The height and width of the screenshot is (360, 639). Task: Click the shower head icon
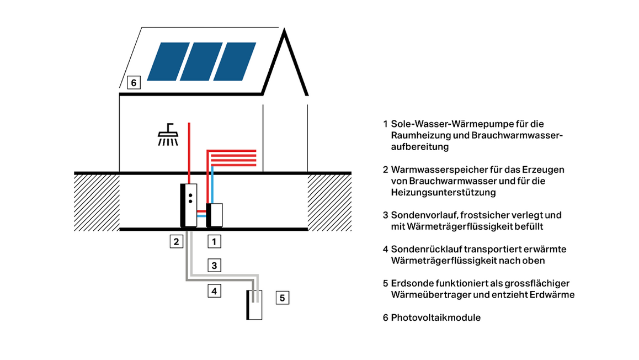click(x=169, y=135)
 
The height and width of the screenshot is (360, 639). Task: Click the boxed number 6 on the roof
click(x=134, y=83)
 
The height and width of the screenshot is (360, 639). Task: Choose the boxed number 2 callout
click(x=176, y=241)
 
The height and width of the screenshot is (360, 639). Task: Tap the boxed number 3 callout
click(x=215, y=265)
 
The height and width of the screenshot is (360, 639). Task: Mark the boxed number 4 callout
click(x=215, y=290)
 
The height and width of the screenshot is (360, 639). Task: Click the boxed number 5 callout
click(x=281, y=298)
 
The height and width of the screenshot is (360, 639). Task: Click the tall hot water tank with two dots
click(x=189, y=204)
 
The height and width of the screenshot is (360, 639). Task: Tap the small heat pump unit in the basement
click(x=215, y=215)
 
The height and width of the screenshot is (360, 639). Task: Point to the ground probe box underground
click(x=254, y=305)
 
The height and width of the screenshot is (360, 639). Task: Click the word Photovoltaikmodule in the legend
click(x=435, y=317)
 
